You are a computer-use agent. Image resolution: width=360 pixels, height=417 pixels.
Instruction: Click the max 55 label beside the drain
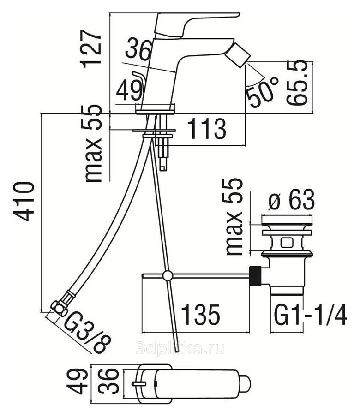pyautogui.click(x=235, y=217)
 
